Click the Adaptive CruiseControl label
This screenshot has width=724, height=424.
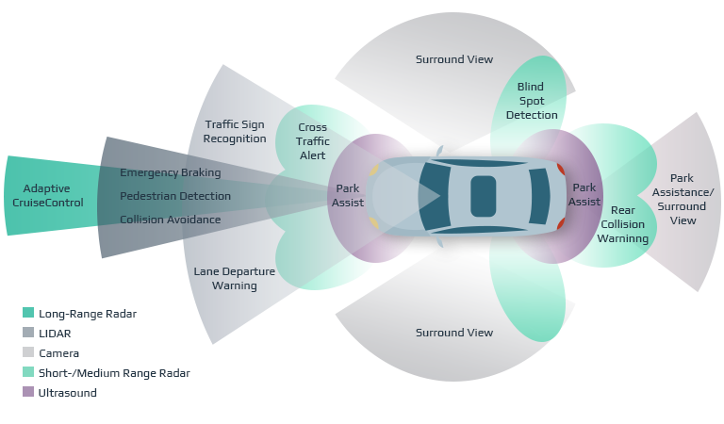(x=54, y=195)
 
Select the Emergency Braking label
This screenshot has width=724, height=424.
(x=171, y=172)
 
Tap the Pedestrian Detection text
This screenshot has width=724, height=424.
(x=175, y=196)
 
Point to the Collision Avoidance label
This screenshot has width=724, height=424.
(x=171, y=220)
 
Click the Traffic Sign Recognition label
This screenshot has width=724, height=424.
(x=235, y=131)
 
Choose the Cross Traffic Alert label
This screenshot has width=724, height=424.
(x=312, y=141)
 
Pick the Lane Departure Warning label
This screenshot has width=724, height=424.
(x=234, y=278)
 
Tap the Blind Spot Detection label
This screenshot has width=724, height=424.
(x=532, y=101)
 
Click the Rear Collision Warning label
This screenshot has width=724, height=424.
(x=622, y=224)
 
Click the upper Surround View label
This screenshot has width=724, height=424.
(x=454, y=59)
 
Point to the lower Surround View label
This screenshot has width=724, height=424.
(x=454, y=333)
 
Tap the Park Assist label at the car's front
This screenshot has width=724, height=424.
(x=348, y=195)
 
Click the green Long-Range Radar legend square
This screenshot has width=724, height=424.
(x=28, y=313)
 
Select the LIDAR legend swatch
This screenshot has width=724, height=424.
(x=28, y=333)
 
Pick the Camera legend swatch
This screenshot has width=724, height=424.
(x=28, y=353)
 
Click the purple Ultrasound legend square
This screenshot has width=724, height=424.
(x=28, y=393)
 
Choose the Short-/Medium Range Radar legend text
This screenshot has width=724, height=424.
(x=114, y=373)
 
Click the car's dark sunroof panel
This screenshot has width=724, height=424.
(x=483, y=195)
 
